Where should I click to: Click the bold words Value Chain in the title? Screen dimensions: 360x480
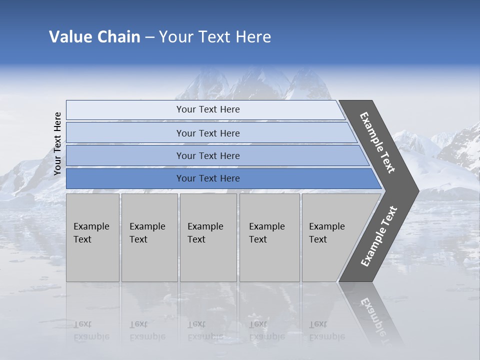[94, 37]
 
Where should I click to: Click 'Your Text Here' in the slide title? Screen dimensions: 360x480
[215, 37]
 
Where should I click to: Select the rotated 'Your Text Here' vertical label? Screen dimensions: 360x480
[57, 143]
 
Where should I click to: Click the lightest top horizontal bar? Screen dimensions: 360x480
[207, 109]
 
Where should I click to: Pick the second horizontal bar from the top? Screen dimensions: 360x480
[207, 133]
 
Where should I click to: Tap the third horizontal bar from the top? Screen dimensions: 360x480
[207, 155]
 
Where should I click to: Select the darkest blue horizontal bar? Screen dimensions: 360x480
[207, 178]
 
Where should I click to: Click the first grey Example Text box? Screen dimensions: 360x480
[92, 237]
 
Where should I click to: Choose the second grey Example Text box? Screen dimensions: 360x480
[149, 237]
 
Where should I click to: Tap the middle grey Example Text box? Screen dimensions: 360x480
[208, 237]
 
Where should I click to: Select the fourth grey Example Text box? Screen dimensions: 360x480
[269, 237]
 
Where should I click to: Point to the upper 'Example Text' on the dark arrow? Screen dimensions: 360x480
[378, 142]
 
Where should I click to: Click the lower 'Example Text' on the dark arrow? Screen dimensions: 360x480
[379, 236]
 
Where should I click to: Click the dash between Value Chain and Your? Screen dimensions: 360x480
[149, 37]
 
